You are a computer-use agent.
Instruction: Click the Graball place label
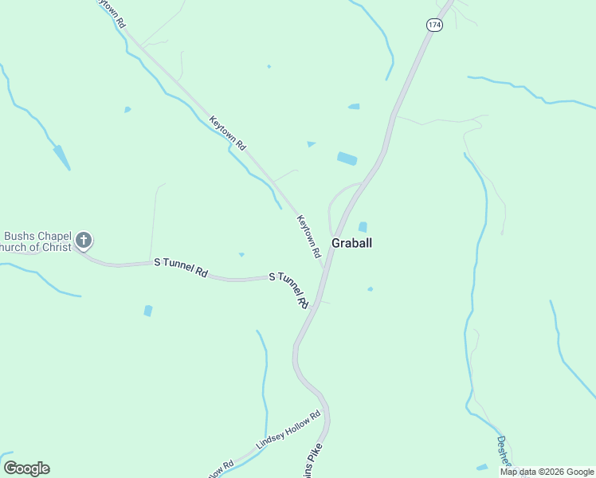351,243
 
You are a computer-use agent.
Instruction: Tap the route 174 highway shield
433,25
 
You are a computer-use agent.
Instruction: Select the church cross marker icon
83,241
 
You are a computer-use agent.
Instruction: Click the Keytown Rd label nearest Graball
308,237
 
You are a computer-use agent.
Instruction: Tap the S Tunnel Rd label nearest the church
181,267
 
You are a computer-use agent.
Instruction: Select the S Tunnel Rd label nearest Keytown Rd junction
288,289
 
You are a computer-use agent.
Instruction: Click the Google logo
27,468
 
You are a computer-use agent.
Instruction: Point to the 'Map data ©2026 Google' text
546,472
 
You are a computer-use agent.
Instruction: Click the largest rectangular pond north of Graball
347,159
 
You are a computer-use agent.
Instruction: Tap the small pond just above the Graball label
363,227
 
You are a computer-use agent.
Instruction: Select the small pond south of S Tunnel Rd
147,311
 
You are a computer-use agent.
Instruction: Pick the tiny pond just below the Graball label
371,288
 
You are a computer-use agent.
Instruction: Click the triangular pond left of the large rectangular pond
311,144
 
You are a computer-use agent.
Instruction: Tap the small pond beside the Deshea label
481,467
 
